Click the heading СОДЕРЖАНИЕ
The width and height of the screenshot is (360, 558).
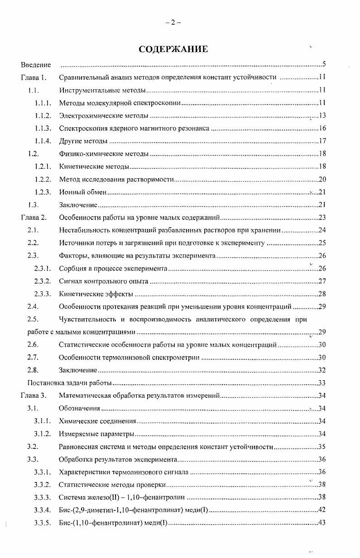pyautogui.click(x=173, y=49)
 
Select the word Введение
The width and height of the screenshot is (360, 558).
pyautogui.click(x=36, y=65)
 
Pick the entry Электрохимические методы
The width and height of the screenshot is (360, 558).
pyautogui.click(x=104, y=116)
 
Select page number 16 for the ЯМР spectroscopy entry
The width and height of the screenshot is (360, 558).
pyautogui.click(x=322, y=129)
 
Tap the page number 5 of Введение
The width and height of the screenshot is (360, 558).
pyautogui.click(x=324, y=65)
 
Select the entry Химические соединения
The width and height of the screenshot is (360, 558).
pyautogui.click(x=97, y=421)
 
